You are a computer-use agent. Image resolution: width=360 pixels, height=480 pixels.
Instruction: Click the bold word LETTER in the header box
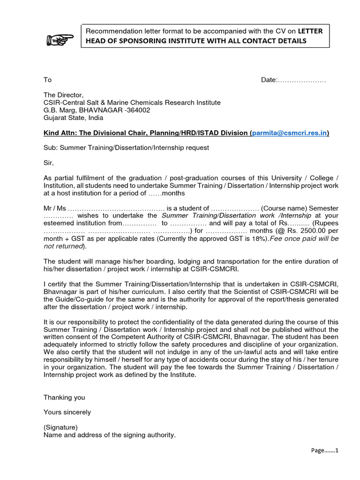tap(310, 31)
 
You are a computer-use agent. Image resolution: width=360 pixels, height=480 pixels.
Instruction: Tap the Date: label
tap(269, 80)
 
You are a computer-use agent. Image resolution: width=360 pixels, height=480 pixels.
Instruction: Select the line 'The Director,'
tap(63, 95)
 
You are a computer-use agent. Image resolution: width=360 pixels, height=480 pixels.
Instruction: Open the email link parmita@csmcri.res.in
tap(289, 133)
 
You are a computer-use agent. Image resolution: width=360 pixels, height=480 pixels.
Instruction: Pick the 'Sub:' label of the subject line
tap(50, 148)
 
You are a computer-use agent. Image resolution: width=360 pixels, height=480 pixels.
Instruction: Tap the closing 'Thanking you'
tap(64, 397)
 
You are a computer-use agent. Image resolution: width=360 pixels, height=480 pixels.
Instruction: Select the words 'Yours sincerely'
tap(67, 412)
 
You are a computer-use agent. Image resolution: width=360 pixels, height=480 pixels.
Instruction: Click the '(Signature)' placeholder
tap(60, 427)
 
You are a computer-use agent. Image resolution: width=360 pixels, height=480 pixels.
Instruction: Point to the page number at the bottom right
tap(325, 450)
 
